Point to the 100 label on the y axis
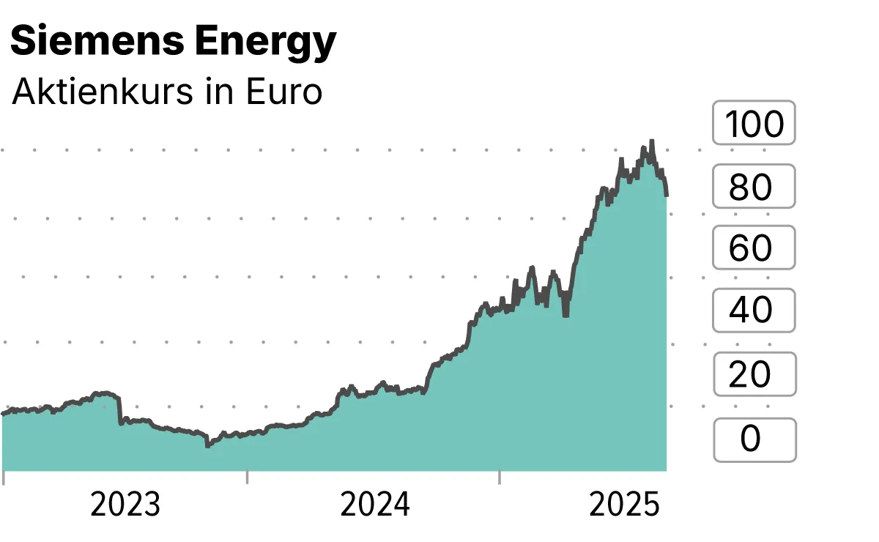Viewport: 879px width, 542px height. tap(754, 124)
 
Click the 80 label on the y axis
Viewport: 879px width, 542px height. tap(754, 188)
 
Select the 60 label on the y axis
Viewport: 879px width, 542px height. tap(754, 248)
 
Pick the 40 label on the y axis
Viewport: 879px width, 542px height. tap(754, 311)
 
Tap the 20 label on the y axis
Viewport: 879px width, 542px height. tap(754, 374)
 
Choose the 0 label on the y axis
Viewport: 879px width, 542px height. tap(754, 438)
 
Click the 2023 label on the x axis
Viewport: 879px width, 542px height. tap(125, 505)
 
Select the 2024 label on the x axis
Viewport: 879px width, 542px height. tap(376, 505)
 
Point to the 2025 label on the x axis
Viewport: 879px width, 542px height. tap(626, 505)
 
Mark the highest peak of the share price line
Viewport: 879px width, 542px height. tap(651, 141)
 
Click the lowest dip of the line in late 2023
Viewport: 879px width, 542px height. tap(207, 445)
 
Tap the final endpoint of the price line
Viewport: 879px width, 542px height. tap(666, 195)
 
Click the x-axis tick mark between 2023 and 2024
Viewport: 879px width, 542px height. tap(247, 477)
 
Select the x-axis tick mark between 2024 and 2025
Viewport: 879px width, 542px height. tap(499, 477)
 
